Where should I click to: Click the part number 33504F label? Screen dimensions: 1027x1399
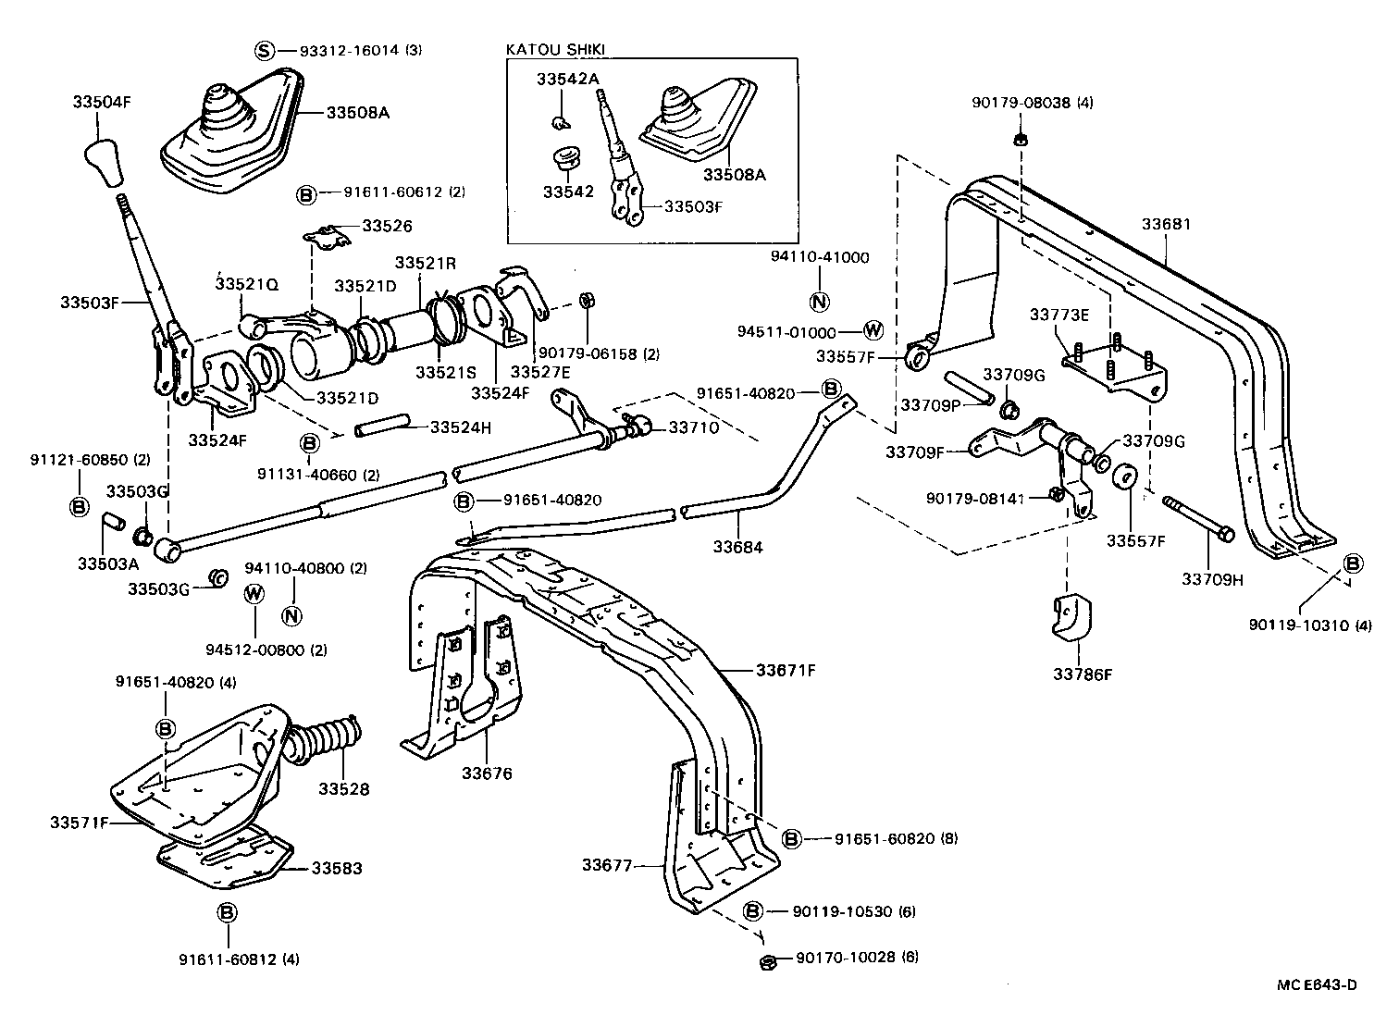point(101,103)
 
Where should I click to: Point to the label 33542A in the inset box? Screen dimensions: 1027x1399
point(567,80)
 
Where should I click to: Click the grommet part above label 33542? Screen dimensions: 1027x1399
point(565,158)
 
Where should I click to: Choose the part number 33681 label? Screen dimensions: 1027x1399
point(1166,224)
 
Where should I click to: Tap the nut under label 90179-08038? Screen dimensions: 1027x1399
point(1019,140)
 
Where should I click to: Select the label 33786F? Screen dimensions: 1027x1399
point(1082,674)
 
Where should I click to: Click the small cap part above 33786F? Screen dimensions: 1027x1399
point(1072,619)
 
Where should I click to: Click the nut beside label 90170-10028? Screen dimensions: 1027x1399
point(767,963)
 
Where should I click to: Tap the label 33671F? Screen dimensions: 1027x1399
point(786,669)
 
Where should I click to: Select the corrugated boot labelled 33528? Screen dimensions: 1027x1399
point(325,738)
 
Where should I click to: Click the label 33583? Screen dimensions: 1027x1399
point(337,869)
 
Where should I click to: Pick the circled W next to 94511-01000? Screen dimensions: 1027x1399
point(873,331)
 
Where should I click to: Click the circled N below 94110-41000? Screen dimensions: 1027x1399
point(820,302)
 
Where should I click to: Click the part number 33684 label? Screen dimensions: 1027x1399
point(737,547)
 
